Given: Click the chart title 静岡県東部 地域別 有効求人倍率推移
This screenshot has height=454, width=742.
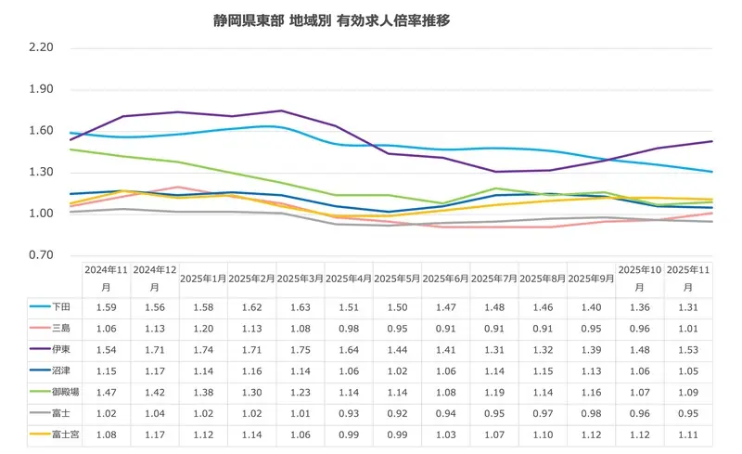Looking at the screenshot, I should (x=331, y=19).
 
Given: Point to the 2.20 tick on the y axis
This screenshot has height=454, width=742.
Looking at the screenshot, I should (x=42, y=48).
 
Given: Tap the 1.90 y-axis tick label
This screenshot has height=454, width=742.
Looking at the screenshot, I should (x=42, y=90).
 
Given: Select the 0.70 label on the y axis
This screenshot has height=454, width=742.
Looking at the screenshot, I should (x=42, y=255).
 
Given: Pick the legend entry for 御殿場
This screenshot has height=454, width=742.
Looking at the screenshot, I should (x=53, y=391).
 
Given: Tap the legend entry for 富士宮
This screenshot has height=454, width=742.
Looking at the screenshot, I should (x=53, y=434).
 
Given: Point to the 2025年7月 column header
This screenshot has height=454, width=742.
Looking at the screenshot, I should (x=493, y=278).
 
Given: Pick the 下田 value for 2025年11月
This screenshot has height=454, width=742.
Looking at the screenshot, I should (x=688, y=306).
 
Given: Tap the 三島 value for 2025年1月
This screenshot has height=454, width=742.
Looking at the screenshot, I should (x=203, y=328).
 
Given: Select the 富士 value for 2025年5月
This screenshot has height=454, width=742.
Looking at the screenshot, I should (x=397, y=412).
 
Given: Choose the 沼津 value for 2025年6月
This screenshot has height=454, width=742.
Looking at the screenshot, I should (x=445, y=370).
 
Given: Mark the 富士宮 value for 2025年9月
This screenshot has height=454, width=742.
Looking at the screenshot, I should (x=591, y=434).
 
